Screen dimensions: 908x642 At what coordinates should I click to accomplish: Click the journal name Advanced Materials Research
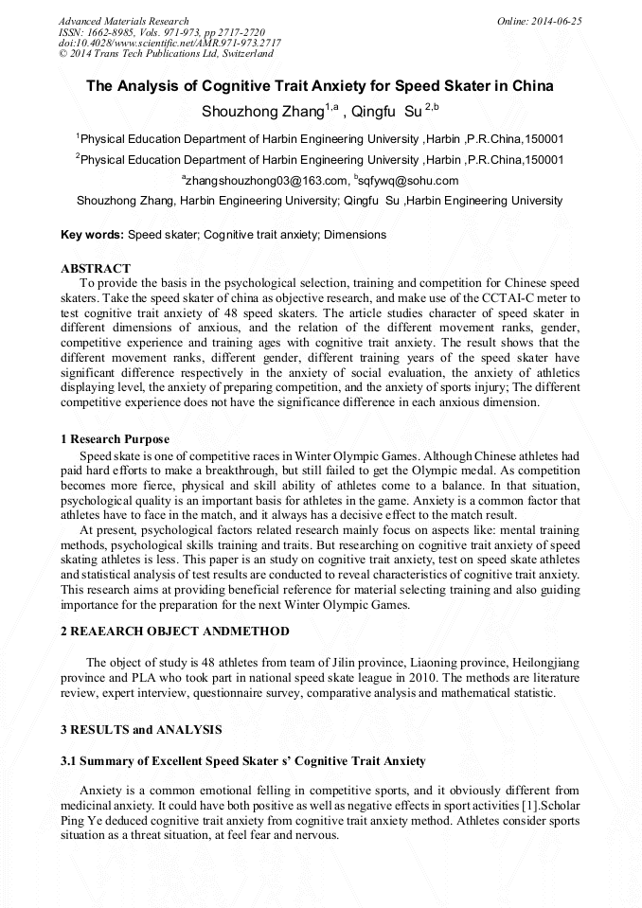click(x=123, y=21)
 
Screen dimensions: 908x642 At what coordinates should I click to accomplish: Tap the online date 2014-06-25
click(x=559, y=21)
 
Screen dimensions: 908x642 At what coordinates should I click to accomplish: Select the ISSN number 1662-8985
click(x=110, y=32)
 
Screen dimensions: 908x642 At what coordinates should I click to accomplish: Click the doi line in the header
click(x=169, y=43)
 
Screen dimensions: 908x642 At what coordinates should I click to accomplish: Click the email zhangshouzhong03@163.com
click(x=266, y=180)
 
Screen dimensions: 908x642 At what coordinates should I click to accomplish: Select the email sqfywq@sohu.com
click(x=408, y=180)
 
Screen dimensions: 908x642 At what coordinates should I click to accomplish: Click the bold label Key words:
click(x=92, y=234)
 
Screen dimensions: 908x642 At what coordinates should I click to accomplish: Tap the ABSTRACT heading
click(x=95, y=269)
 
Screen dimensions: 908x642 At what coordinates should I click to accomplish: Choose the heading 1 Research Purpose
click(x=115, y=439)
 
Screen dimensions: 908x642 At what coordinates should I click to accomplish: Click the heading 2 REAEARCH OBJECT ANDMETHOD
click(x=175, y=632)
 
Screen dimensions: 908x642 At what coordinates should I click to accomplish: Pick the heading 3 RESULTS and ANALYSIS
click(x=141, y=730)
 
